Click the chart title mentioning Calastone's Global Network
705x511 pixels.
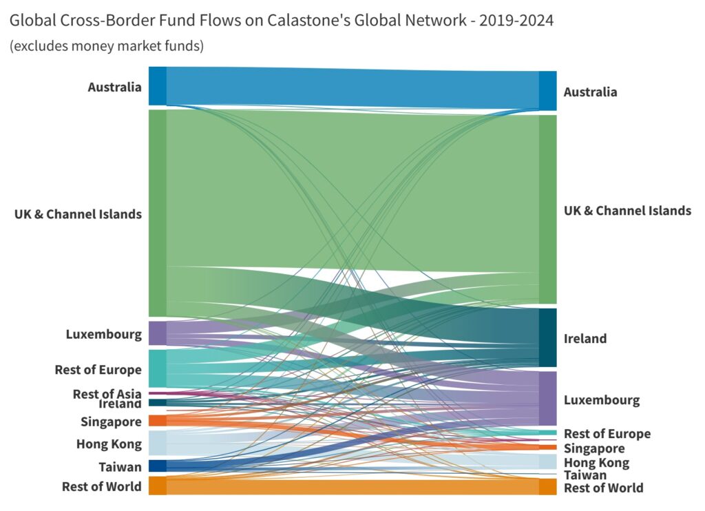(x=282, y=21)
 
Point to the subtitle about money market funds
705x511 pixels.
(x=106, y=46)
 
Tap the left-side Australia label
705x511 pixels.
(x=114, y=87)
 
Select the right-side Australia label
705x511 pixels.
(x=590, y=92)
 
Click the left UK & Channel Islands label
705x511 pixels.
(x=78, y=214)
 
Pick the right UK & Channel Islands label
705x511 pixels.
(x=627, y=211)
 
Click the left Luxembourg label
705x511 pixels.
(x=104, y=335)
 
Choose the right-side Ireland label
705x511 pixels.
(x=585, y=339)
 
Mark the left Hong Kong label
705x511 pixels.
(x=109, y=444)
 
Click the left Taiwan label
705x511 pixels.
(x=120, y=467)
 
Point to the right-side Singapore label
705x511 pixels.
(x=594, y=448)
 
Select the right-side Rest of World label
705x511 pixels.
(x=604, y=488)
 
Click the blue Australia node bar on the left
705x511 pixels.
(x=158, y=86)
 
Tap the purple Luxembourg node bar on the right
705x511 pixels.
(x=547, y=399)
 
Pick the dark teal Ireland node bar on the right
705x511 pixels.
(x=547, y=337)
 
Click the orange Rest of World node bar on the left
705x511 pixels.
(x=158, y=486)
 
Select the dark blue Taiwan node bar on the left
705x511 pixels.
(x=158, y=466)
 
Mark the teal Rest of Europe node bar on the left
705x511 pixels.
(x=158, y=368)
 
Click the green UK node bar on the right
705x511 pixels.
(x=547, y=209)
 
